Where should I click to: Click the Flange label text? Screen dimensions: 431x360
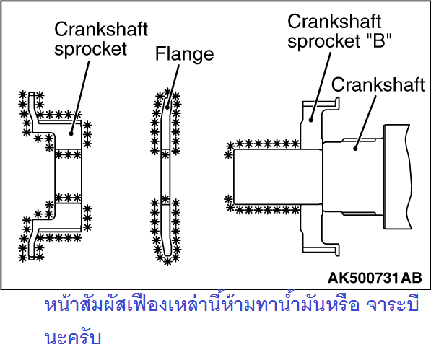click(x=184, y=54)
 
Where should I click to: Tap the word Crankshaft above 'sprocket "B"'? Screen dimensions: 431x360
click(x=334, y=22)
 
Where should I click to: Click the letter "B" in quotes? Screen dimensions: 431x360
click(x=379, y=40)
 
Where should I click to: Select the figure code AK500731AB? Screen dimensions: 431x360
click(x=375, y=278)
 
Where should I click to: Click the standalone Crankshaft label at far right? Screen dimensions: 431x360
click(x=378, y=84)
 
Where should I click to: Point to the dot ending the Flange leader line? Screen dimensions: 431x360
click(x=167, y=107)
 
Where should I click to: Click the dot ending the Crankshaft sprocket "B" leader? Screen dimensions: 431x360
click(x=311, y=120)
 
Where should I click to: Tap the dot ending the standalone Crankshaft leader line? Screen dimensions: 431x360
click(x=355, y=149)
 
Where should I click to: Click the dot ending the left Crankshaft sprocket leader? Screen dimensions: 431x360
click(x=71, y=133)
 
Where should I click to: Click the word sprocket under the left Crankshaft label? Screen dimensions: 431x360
click(x=90, y=49)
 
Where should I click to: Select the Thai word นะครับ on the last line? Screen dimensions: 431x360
click(x=73, y=338)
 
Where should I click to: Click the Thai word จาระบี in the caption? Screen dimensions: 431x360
click(x=393, y=304)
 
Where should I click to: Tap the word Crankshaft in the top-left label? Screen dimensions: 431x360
click(x=101, y=29)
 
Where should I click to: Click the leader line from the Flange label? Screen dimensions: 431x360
click(x=173, y=86)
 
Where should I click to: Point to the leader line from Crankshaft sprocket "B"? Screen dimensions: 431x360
click(x=321, y=86)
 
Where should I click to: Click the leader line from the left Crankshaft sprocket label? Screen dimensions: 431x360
click(x=80, y=97)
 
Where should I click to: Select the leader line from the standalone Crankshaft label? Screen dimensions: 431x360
click(x=365, y=122)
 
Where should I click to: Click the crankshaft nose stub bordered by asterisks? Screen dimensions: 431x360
click(x=277, y=177)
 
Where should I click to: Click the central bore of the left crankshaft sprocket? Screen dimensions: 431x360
click(x=68, y=176)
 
